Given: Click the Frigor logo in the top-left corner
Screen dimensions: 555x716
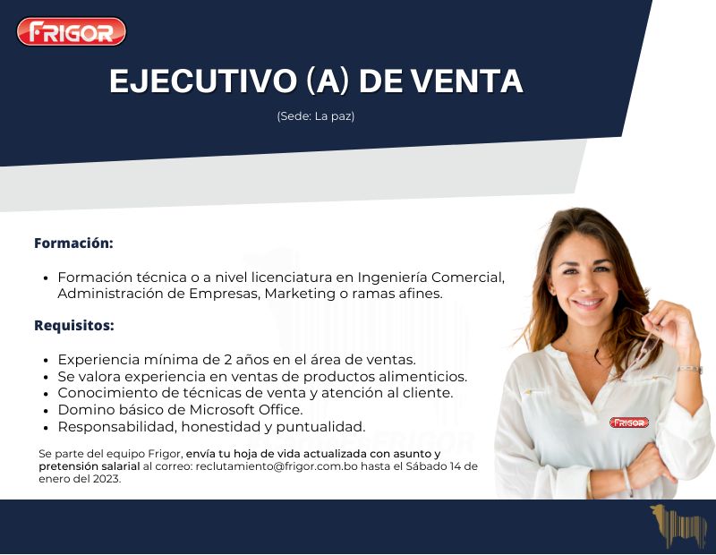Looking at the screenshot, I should tap(72, 32).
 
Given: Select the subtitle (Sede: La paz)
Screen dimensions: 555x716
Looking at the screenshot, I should tap(316, 116).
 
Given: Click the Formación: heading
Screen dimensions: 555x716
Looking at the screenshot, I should tap(73, 243).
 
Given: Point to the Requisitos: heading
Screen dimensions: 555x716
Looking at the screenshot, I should tap(74, 325).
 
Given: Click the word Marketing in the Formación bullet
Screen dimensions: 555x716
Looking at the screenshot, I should tap(301, 294).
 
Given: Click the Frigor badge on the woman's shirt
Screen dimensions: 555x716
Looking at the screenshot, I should tap(629, 422).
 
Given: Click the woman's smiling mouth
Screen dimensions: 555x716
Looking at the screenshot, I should tap(588, 303).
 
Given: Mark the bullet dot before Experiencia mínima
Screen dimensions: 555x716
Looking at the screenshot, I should tap(47, 360).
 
